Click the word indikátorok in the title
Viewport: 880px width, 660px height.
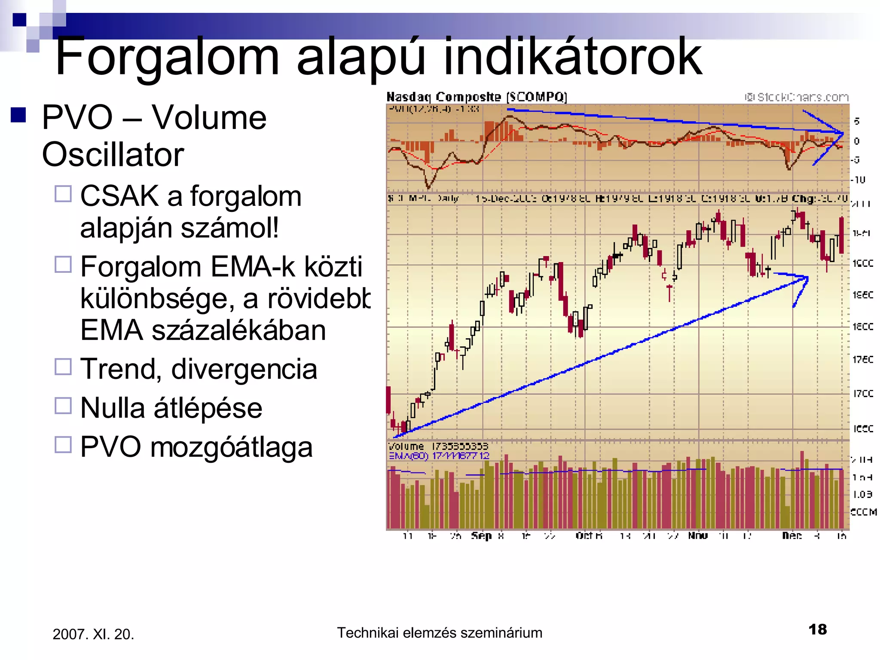(x=572, y=57)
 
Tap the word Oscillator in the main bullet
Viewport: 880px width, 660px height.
(x=113, y=155)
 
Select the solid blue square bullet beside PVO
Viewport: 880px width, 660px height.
(x=18, y=115)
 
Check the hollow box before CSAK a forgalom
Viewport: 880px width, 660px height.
(x=63, y=194)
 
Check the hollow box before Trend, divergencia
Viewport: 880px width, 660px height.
(x=63, y=367)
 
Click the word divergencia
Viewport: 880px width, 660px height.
(x=244, y=369)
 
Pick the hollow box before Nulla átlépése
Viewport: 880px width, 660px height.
(x=63, y=406)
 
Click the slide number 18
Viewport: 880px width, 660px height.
(x=817, y=629)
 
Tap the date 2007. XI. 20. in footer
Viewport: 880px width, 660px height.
(x=93, y=634)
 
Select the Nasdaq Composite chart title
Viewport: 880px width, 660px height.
(x=477, y=97)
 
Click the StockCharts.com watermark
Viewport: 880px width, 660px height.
(x=797, y=98)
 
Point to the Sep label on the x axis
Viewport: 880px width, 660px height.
(x=481, y=536)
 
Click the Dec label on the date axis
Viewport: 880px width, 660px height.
(x=791, y=536)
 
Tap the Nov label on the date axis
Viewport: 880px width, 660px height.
(x=697, y=536)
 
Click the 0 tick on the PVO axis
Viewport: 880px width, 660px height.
(x=856, y=141)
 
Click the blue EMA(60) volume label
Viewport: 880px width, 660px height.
(x=439, y=456)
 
